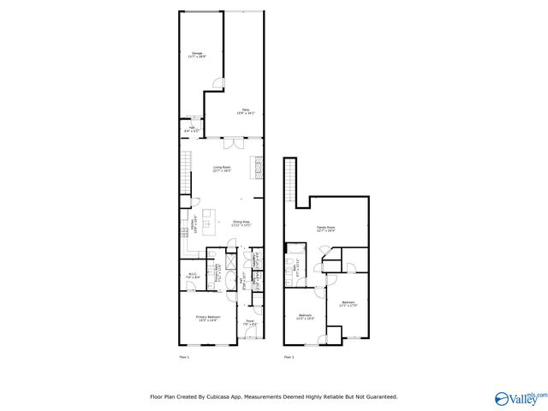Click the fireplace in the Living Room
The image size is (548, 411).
[255, 166]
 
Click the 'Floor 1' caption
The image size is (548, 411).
[183, 355]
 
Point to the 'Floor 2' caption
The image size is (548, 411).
[289, 355]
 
